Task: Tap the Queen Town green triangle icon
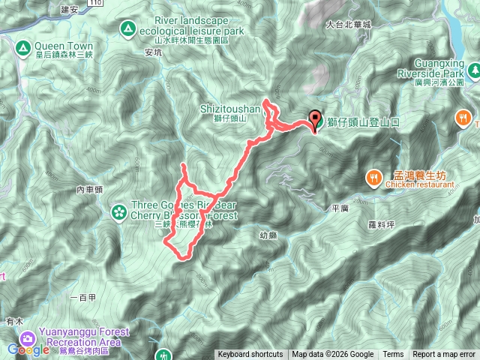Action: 22,49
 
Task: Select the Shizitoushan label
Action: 229,108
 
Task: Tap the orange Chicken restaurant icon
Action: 373,178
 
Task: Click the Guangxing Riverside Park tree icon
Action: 474,70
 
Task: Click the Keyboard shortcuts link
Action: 250,355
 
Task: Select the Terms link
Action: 393,355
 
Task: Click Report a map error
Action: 445,355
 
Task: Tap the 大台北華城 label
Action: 349,25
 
